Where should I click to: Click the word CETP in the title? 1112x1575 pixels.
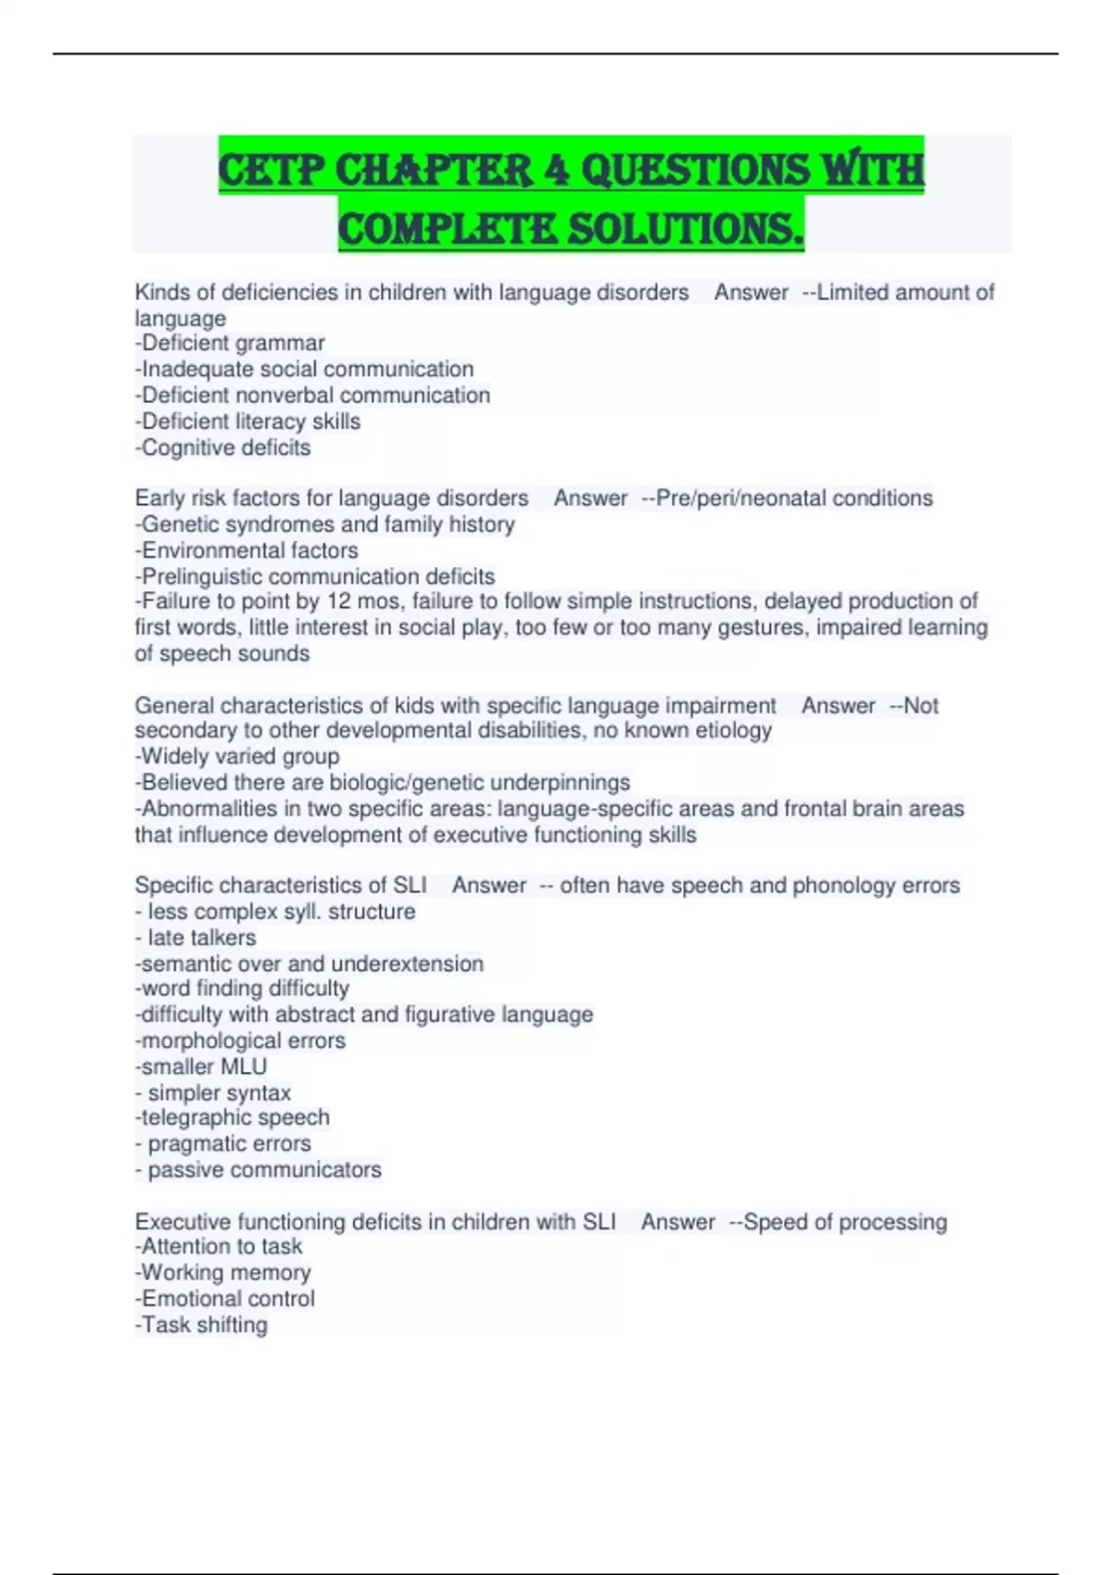[271, 170]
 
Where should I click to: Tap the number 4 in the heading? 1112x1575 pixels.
[557, 170]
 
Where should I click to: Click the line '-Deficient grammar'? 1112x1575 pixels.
[230, 343]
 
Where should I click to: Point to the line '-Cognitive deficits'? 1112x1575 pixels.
[222, 447]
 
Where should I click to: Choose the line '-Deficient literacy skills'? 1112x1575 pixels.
[247, 422]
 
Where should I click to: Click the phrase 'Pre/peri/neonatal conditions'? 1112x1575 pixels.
[794, 498]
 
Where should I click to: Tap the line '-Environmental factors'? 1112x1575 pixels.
[246, 550]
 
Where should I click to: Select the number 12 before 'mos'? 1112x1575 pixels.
[338, 601]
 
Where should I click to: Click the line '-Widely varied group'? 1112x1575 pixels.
[237, 756]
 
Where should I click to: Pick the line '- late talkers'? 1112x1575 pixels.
[196, 938]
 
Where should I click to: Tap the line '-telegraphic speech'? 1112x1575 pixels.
[232, 1117]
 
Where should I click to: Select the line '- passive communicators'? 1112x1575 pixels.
[258, 1170]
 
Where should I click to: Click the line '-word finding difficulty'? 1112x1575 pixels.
[242, 989]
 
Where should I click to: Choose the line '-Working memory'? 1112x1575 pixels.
[222, 1273]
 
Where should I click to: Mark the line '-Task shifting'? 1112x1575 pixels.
[201, 1325]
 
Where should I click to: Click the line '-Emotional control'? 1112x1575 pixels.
[225, 1299]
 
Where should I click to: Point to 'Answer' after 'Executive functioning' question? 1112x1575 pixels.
[677, 1222]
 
